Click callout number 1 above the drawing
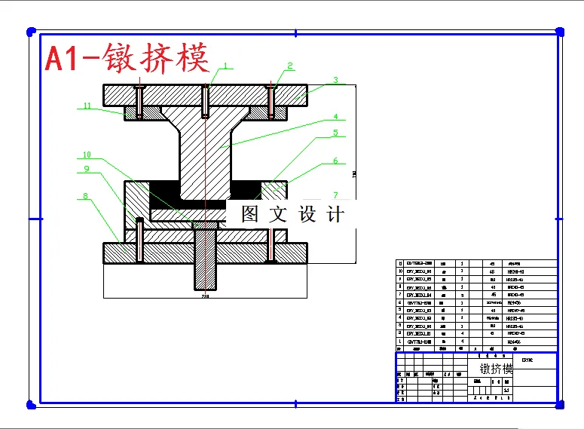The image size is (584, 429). click(224, 66)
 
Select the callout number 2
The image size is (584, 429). click(289, 66)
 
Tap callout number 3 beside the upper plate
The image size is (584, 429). click(335, 79)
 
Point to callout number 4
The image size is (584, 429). click(336, 117)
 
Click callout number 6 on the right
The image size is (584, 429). click(336, 161)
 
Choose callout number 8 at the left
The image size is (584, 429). click(85, 196)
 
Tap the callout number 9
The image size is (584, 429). click(87, 169)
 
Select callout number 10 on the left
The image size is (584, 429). click(87, 156)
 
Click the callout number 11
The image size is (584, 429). click(87, 106)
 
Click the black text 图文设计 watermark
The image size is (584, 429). click(293, 214)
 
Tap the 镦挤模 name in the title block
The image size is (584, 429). click(496, 369)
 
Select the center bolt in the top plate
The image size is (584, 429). click(205, 101)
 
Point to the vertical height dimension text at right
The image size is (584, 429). click(354, 175)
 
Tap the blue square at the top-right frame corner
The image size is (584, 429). click(560, 31)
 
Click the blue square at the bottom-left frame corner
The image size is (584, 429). click(31, 406)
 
